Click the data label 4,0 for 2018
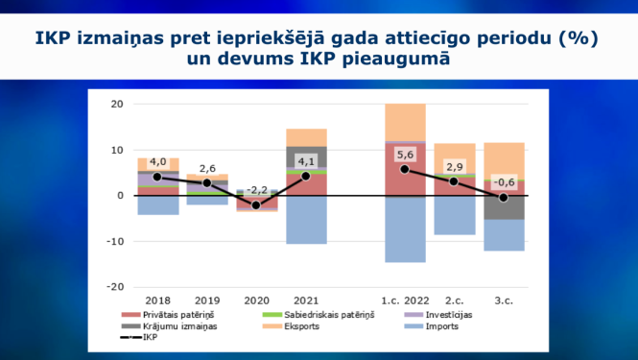click(158, 161)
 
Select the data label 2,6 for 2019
click(207, 168)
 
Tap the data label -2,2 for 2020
click(256, 189)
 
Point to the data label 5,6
click(404, 154)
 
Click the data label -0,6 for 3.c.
click(503, 182)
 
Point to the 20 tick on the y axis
click(117, 104)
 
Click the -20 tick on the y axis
click(114, 287)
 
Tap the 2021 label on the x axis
click(306, 299)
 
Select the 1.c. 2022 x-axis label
click(404, 299)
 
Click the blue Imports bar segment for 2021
click(306, 220)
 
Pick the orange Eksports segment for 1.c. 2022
click(404, 122)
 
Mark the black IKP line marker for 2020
click(256, 205)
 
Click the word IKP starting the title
click(56, 39)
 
